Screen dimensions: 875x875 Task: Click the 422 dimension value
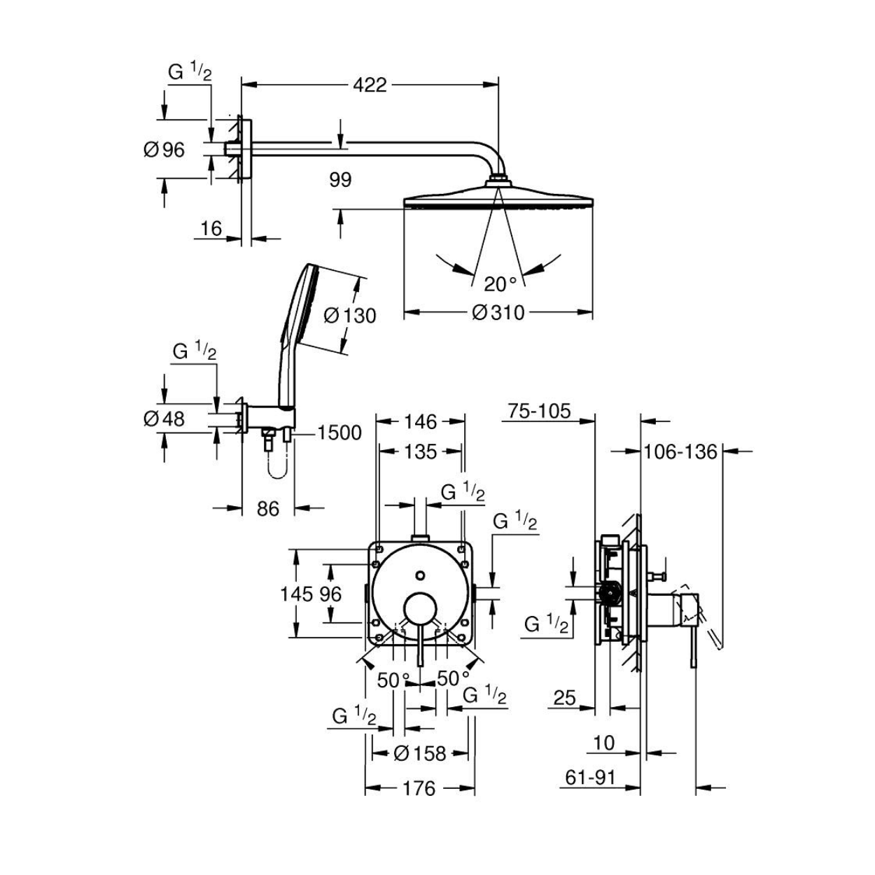point(370,85)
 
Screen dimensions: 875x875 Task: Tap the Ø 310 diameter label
point(498,312)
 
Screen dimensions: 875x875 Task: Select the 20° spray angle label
point(500,284)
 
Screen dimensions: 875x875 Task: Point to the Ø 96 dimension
point(164,149)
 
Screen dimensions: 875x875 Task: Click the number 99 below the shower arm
point(341,180)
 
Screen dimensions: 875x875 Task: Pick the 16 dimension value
point(211,228)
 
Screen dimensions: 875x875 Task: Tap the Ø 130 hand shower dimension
point(349,316)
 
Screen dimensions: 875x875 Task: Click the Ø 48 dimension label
point(164,419)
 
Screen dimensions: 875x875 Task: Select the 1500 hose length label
point(339,433)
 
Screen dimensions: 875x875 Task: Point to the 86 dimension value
point(267,509)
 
